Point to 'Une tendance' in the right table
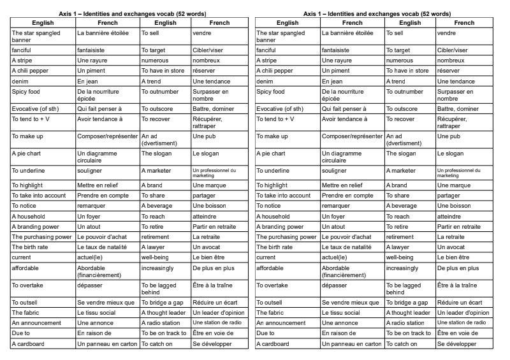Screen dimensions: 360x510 [x=457, y=82]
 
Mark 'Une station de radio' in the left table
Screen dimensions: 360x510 [x=217, y=323]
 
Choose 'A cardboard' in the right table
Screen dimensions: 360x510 [x=273, y=343]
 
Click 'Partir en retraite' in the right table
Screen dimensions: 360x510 [x=462, y=226]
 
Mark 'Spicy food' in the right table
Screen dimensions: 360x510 [x=272, y=92]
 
